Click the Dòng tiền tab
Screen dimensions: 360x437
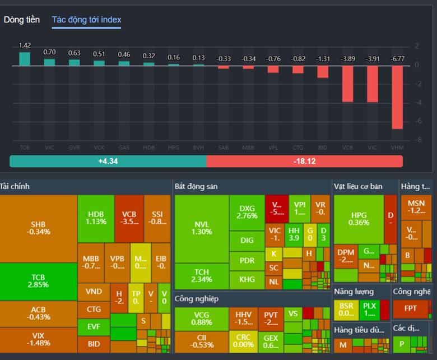click(x=22, y=20)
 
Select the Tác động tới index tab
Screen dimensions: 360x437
click(x=86, y=20)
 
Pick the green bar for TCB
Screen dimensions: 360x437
click(x=25, y=59)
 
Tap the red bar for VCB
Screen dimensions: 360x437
click(x=347, y=84)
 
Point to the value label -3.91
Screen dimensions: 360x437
click(x=373, y=58)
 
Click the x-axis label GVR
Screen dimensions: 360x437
click(x=74, y=147)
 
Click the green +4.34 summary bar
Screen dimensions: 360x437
click(x=108, y=161)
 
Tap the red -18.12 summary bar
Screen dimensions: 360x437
click(x=304, y=161)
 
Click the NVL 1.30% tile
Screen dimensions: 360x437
click(x=201, y=228)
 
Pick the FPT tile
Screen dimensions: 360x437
click(x=411, y=308)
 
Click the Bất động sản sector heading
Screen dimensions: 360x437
click(x=196, y=186)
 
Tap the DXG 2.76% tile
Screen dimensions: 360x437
click(x=247, y=211)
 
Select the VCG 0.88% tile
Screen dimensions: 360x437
click(x=201, y=319)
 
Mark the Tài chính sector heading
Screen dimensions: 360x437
click(x=15, y=186)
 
